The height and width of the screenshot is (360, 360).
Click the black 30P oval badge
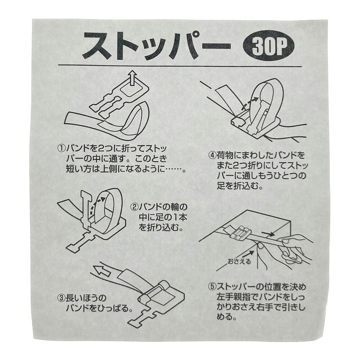pyautogui.click(x=269, y=48)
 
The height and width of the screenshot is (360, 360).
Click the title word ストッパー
pyautogui.click(x=157, y=45)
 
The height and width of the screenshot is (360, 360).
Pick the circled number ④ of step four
pyautogui.click(x=212, y=156)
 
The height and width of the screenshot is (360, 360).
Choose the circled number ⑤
pyautogui.click(x=212, y=287)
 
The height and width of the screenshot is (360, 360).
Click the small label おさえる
pyautogui.click(x=239, y=261)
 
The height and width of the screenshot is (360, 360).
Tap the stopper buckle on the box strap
pyautogui.click(x=238, y=233)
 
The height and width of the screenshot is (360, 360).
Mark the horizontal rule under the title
pyautogui.click(x=180, y=66)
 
